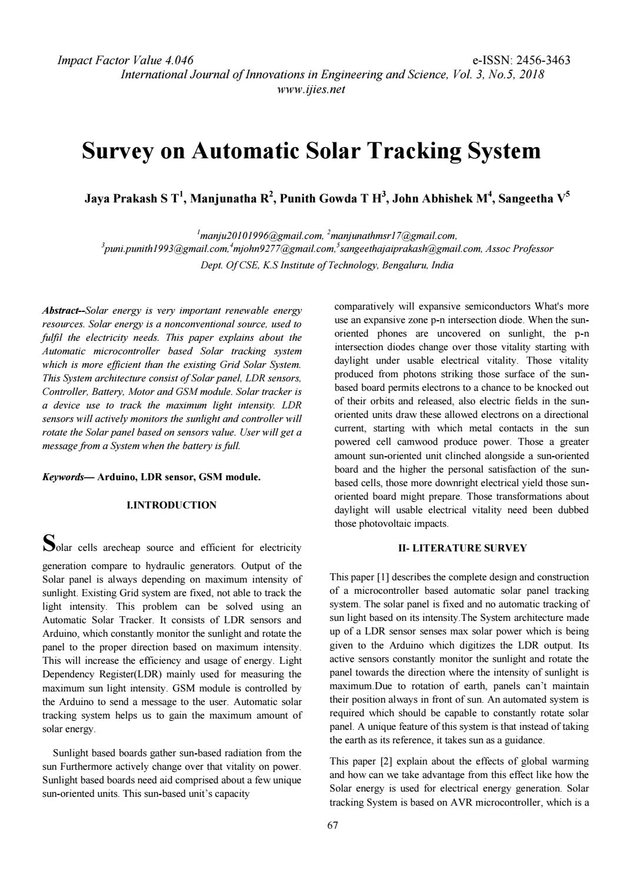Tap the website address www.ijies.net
(311, 89)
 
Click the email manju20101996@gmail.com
(260, 236)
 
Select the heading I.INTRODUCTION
(172, 505)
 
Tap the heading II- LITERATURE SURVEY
(462, 548)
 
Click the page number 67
(332, 826)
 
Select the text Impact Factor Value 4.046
(125, 60)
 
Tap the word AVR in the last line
(461, 802)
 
